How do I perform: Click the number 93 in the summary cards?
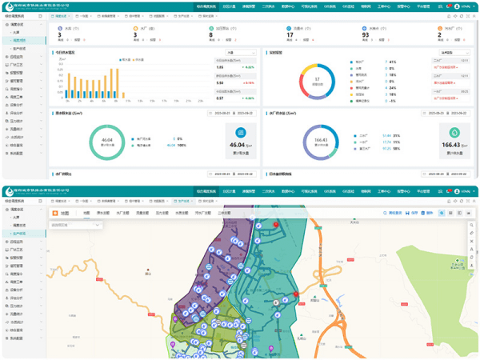366,34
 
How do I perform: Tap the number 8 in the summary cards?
212,34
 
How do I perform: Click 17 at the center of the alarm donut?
317,79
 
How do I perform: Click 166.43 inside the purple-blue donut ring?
321,140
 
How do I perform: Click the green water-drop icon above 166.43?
454,133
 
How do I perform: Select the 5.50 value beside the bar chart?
220,67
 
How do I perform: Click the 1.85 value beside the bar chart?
220,82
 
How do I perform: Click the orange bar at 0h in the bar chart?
70,87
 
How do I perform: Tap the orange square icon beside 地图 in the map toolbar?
55,214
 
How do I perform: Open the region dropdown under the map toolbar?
77,226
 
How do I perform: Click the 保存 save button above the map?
413,214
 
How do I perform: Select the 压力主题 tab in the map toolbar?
162,214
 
